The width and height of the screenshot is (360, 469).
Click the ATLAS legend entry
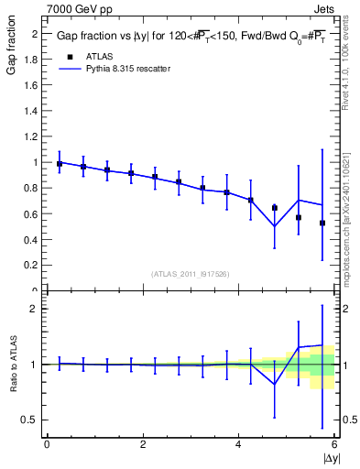(x=101, y=57)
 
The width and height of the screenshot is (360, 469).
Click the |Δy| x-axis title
(x=329, y=457)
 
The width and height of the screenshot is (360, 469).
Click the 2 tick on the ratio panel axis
(x=35, y=309)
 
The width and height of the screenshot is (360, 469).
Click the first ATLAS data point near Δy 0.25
(x=60, y=164)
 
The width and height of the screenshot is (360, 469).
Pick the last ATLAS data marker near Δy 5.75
(x=322, y=223)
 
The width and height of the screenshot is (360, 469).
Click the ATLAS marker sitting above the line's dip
(x=275, y=208)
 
